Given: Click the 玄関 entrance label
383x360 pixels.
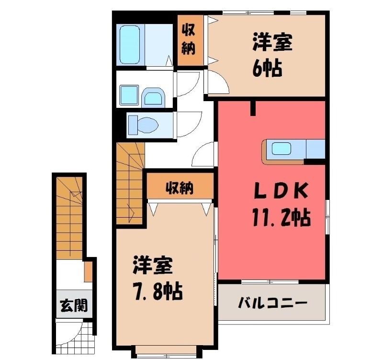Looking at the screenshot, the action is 74,305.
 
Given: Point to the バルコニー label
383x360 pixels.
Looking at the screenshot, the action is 273,303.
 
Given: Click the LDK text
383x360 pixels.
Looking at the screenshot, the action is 281,190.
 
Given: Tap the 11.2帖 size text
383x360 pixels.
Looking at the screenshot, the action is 282,217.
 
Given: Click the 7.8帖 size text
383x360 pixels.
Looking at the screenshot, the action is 158,291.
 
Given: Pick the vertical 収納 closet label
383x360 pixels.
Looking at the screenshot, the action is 188,40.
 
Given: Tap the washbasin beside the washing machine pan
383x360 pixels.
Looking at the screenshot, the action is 153,98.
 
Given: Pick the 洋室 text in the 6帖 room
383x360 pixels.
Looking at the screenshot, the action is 272,43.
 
